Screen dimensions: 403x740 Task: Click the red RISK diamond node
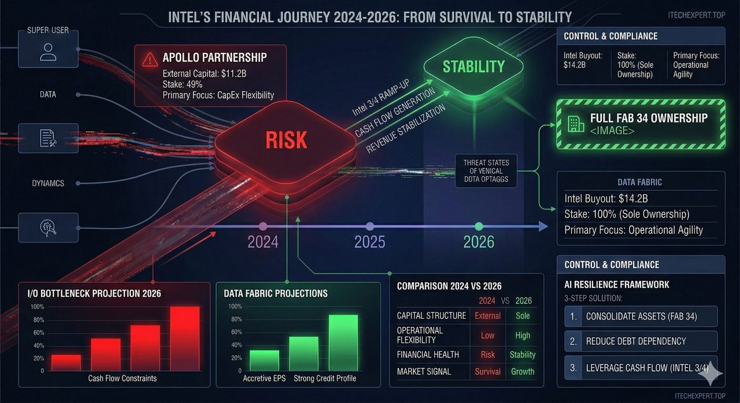click(286, 138)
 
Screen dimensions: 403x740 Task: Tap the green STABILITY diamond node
click(473, 67)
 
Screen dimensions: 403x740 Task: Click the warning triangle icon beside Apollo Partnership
click(149, 58)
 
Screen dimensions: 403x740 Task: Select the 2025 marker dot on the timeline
click(370, 226)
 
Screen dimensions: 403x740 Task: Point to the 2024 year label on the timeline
click(263, 242)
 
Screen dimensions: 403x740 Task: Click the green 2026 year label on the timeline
click(479, 242)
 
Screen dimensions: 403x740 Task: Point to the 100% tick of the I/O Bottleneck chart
click(37, 307)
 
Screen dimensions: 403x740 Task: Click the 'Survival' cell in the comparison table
click(487, 371)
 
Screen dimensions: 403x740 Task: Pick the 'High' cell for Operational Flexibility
click(523, 335)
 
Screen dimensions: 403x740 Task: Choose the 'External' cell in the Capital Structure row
click(487, 316)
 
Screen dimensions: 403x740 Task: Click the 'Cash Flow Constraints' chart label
click(122, 378)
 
